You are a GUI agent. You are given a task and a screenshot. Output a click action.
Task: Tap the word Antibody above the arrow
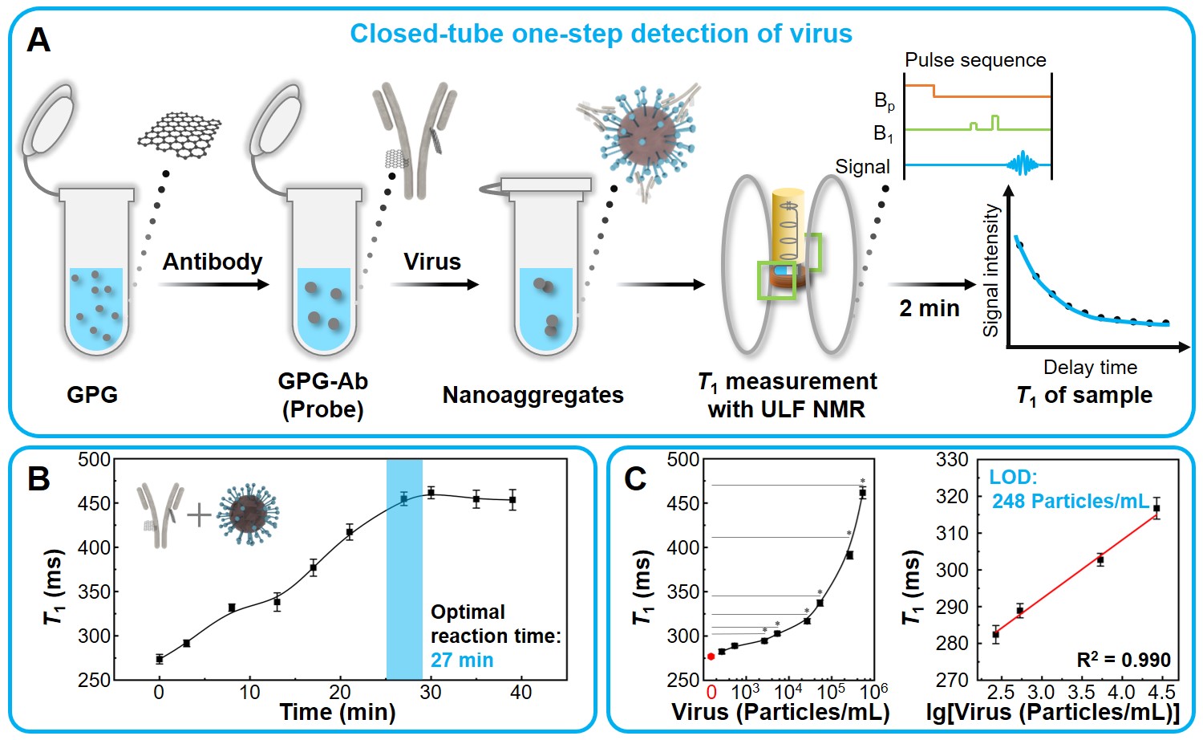213,262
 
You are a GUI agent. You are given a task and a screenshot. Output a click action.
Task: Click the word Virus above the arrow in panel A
431,262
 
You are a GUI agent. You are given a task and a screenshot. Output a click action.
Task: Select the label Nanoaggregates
533,395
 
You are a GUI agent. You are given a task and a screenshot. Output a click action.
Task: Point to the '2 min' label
929,308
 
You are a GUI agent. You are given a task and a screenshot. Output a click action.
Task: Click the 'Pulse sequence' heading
975,60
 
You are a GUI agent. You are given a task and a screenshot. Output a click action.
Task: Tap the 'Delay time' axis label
1090,368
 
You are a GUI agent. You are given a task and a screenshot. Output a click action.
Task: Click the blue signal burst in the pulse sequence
1022,165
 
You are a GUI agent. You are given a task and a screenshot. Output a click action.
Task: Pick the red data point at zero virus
711,657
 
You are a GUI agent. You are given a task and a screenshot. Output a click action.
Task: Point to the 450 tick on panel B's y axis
94,503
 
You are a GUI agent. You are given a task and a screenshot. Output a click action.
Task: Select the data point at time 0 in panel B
160,659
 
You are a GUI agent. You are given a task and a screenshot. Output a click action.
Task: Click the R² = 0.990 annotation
1123,660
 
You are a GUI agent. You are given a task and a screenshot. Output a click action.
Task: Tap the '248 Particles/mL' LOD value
1071,502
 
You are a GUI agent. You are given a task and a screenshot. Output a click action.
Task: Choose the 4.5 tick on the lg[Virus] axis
1161,692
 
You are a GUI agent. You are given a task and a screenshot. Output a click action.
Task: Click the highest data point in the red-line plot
1156,508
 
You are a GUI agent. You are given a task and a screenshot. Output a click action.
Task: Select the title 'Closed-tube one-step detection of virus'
601,34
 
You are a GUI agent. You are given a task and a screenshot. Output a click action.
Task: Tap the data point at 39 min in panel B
512,500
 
